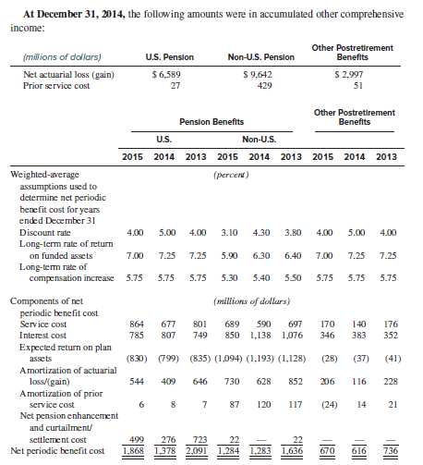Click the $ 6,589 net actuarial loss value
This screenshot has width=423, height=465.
click(x=166, y=75)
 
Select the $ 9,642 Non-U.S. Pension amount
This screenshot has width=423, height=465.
click(x=258, y=75)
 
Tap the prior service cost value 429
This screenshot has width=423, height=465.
click(x=265, y=85)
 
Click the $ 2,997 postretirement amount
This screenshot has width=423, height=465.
click(x=349, y=75)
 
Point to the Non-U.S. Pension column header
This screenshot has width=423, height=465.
click(x=261, y=57)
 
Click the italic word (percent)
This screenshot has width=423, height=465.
click(x=231, y=175)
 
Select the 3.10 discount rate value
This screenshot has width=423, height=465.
click(x=229, y=232)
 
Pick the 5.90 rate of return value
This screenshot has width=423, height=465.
click(x=229, y=255)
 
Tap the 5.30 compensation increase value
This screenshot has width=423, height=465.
click(x=229, y=278)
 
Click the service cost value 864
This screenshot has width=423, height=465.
click(x=137, y=324)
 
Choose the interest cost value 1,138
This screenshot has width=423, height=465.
click(x=260, y=336)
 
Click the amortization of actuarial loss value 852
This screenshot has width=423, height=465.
click(x=296, y=382)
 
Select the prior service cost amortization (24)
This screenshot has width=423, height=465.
click(x=330, y=404)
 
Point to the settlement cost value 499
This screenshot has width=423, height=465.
click(x=137, y=439)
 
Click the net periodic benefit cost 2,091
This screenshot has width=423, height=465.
click(x=197, y=451)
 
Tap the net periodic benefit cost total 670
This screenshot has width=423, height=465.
click(x=327, y=451)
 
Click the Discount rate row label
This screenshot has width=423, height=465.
click(x=45, y=232)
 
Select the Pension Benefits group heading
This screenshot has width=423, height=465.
click(x=211, y=122)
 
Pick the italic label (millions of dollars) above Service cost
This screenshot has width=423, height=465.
click(x=252, y=301)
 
